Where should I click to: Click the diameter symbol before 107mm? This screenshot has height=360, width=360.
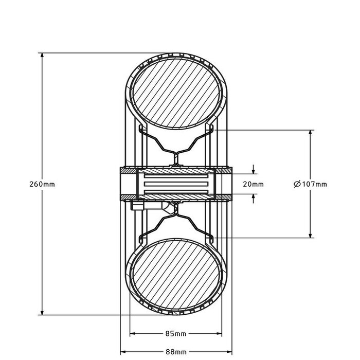(x=296, y=184)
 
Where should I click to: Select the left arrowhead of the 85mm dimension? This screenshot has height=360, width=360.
(x=132, y=334)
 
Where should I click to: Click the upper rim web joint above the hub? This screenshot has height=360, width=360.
(x=175, y=159)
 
